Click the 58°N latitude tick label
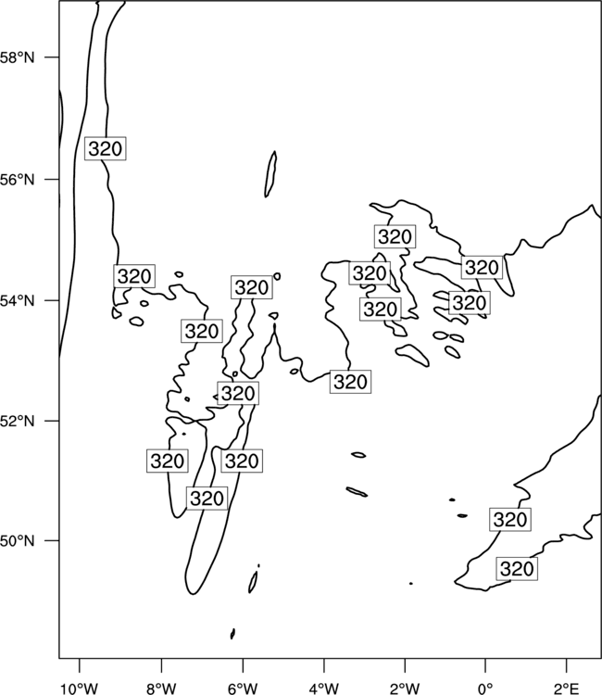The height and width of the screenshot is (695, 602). pos(18,57)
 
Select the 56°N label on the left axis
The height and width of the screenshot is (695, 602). pos(18,180)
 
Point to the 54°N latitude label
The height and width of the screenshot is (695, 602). pos(18,300)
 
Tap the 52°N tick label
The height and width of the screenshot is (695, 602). pos(18,420)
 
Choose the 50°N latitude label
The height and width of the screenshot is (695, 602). pos(18,541)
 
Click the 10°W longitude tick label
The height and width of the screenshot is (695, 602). pos(80,689)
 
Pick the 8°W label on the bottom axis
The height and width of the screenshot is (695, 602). pos(161,689)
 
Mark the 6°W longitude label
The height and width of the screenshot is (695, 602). pos(243,689)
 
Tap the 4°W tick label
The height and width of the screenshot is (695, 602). pos(324,689)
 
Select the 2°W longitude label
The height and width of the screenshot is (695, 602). pos(405,689)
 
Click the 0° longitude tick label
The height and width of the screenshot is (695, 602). pos(485,689)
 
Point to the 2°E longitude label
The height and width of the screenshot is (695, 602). pos(567,689)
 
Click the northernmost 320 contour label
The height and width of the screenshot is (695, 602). pos(106,148)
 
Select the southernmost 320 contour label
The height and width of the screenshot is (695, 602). pos(517,569)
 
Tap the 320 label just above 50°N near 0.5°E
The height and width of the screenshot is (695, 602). pos(510,519)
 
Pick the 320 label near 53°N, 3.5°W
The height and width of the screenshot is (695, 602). pos(350,382)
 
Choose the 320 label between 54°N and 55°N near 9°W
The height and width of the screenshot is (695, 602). pos(134,276)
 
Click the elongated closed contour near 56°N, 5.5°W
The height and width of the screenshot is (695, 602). pos(270,174)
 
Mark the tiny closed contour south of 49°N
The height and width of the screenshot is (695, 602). pos(232,634)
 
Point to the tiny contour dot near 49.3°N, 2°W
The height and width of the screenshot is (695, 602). pos(411,584)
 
